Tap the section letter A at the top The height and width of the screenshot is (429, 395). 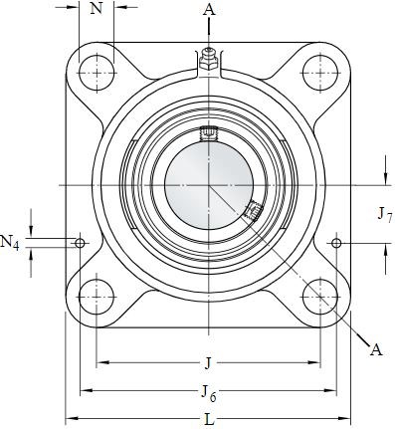pyautogui.click(x=209, y=9)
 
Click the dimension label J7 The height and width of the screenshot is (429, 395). pyautogui.click(x=384, y=213)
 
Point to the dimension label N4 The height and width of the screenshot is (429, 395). pyautogui.click(x=9, y=241)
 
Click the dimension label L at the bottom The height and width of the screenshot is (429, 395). pyautogui.click(x=209, y=419)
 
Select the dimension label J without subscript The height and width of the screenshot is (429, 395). pyautogui.click(x=208, y=362)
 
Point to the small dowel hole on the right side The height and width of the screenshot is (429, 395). pyautogui.click(x=336, y=243)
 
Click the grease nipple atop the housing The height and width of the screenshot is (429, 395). pyautogui.click(x=209, y=60)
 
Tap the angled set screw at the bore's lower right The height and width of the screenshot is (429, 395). pyautogui.click(x=252, y=210)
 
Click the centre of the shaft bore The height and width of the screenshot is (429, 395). pyautogui.click(x=209, y=185)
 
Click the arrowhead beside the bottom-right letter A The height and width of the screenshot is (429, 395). pyautogui.click(x=352, y=330)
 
